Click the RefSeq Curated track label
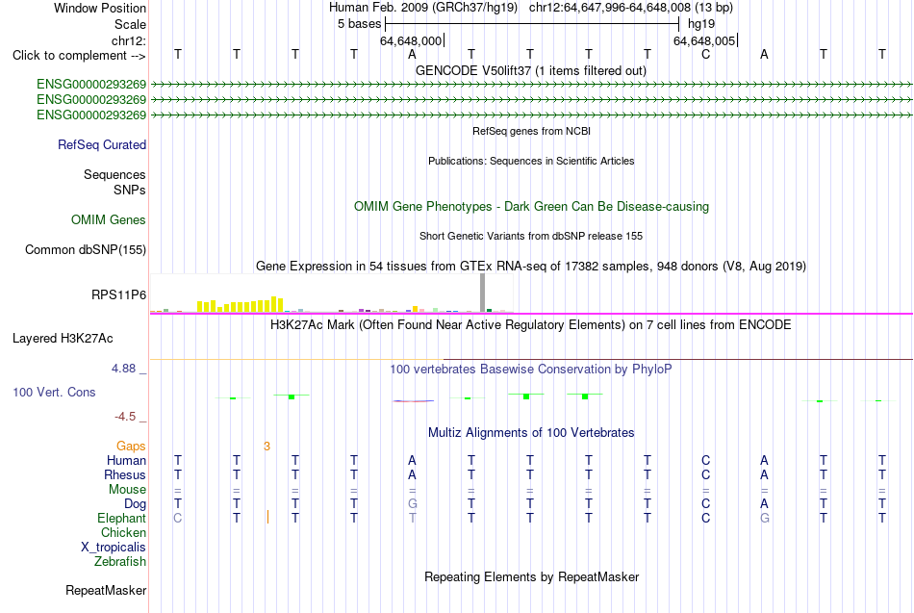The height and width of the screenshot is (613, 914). (102, 144)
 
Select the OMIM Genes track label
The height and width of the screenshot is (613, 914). (109, 219)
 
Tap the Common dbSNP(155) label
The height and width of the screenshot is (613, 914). (86, 249)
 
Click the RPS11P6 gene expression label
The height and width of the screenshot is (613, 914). (119, 294)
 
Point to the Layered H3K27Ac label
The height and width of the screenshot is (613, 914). (63, 339)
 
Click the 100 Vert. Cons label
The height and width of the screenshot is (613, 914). (54, 392)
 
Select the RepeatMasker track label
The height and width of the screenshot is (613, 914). (106, 590)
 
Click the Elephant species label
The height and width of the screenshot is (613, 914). (122, 518)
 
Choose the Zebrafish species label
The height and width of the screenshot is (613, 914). (120, 561)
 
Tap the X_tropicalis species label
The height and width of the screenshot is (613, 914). (114, 548)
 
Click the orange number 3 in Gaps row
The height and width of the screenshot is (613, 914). (267, 447)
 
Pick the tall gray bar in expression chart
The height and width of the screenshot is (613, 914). (483, 293)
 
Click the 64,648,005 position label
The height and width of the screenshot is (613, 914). (704, 40)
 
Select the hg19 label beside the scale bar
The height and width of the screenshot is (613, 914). (701, 24)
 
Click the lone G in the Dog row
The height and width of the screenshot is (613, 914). (413, 503)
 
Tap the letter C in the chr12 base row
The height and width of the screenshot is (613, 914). (706, 54)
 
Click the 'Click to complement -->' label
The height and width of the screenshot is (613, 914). (79, 56)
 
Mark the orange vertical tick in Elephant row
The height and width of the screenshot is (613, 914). (267, 517)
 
